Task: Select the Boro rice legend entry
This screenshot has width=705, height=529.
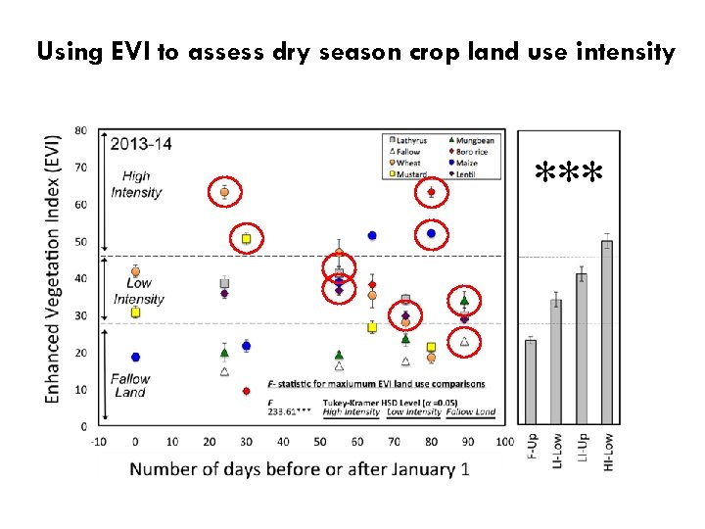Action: click(473, 151)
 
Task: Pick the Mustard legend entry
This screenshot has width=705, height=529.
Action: click(410, 173)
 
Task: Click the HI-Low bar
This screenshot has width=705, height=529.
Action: click(607, 332)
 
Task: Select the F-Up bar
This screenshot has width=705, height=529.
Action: click(531, 381)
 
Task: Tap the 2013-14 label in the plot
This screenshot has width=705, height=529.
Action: click(141, 144)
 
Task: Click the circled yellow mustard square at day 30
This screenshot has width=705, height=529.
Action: click(246, 238)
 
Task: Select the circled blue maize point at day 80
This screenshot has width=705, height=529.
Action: click(431, 233)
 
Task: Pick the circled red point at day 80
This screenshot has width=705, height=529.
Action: click(431, 193)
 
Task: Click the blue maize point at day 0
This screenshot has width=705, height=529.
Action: click(135, 357)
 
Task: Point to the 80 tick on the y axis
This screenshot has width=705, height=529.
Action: click(80, 130)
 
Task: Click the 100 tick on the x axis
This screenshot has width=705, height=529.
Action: click(504, 442)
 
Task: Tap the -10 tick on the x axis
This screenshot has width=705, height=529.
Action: click(98, 442)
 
